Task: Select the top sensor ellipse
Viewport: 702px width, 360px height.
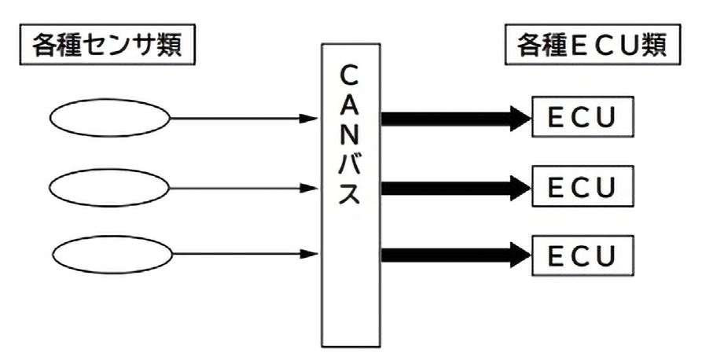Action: point(109,119)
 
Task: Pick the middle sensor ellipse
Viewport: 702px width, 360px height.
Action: point(109,187)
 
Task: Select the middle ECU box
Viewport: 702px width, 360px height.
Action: point(583,187)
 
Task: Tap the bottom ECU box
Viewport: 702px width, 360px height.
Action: point(583,255)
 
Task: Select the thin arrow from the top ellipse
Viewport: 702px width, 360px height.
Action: point(244,119)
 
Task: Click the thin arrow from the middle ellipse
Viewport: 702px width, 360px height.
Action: point(244,187)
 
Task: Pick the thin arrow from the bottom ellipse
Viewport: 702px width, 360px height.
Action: point(244,254)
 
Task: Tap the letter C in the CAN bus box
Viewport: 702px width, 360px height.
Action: point(351,76)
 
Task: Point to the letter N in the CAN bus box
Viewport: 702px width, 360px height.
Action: point(351,134)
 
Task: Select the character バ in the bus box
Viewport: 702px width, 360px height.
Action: point(351,163)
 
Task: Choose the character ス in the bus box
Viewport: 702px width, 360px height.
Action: point(351,193)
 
